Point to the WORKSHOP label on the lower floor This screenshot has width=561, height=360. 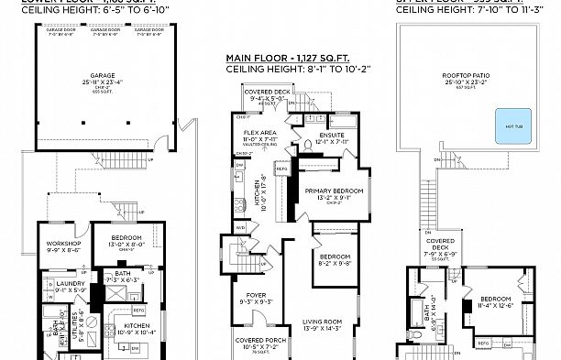[x=63, y=243]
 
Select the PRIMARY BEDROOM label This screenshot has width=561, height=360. [x=335, y=191]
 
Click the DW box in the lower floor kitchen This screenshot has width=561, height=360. [x=135, y=349]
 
